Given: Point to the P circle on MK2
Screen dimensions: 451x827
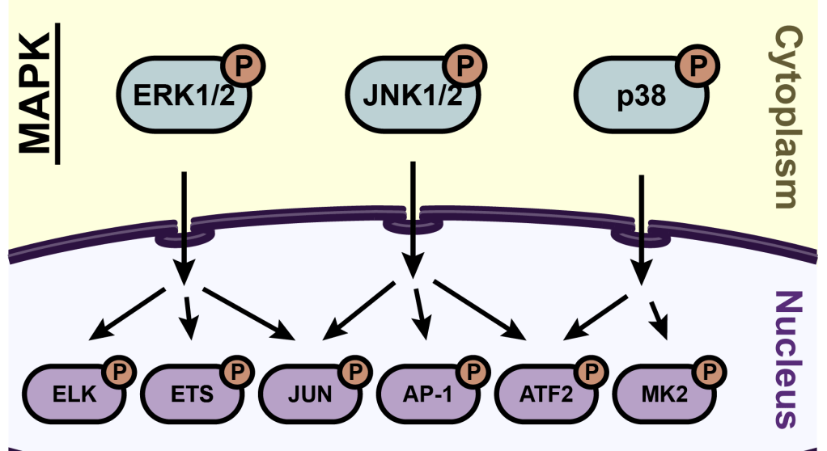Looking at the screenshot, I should [710, 372].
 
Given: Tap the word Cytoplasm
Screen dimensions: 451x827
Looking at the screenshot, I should [790, 117].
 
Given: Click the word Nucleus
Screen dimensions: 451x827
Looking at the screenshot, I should [790, 360].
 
